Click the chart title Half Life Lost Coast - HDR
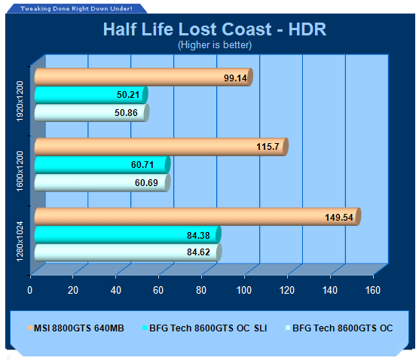pyautogui.click(x=215, y=29)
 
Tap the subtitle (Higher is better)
pyautogui.click(x=215, y=45)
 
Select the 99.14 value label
pyautogui.click(x=235, y=78)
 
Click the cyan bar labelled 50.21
pyautogui.click(x=91, y=95)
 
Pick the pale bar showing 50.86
pyautogui.click(x=92, y=113)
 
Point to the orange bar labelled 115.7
pyautogui.click(x=161, y=147)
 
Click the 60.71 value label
pyautogui.click(x=142, y=164)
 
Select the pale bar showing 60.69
pyautogui.click(x=102, y=183)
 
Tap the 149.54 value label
pyautogui.click(x=339, y=217)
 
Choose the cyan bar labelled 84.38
pyautogui.click(x=127, y=235)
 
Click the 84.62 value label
pyautogui.click(x=198, y=252)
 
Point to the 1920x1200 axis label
pyautogui.click(x=20, y=101)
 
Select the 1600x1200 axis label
pyautogui.click(x=20, y=171)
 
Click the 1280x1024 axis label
pyautogui.click(x=20, y=241)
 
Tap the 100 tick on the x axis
pyautogui.click(x=244, y=290)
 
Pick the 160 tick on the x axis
pyautogui.click(x=373, y=290)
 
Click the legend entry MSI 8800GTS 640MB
pyautogui.click(x=76, y=328)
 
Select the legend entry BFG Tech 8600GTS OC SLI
pyautogui.click(x=205, y=328)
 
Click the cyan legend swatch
pyautogui.click(x=145, y=328)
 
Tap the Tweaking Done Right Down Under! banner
pyautogui.click(x=76, y=8)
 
